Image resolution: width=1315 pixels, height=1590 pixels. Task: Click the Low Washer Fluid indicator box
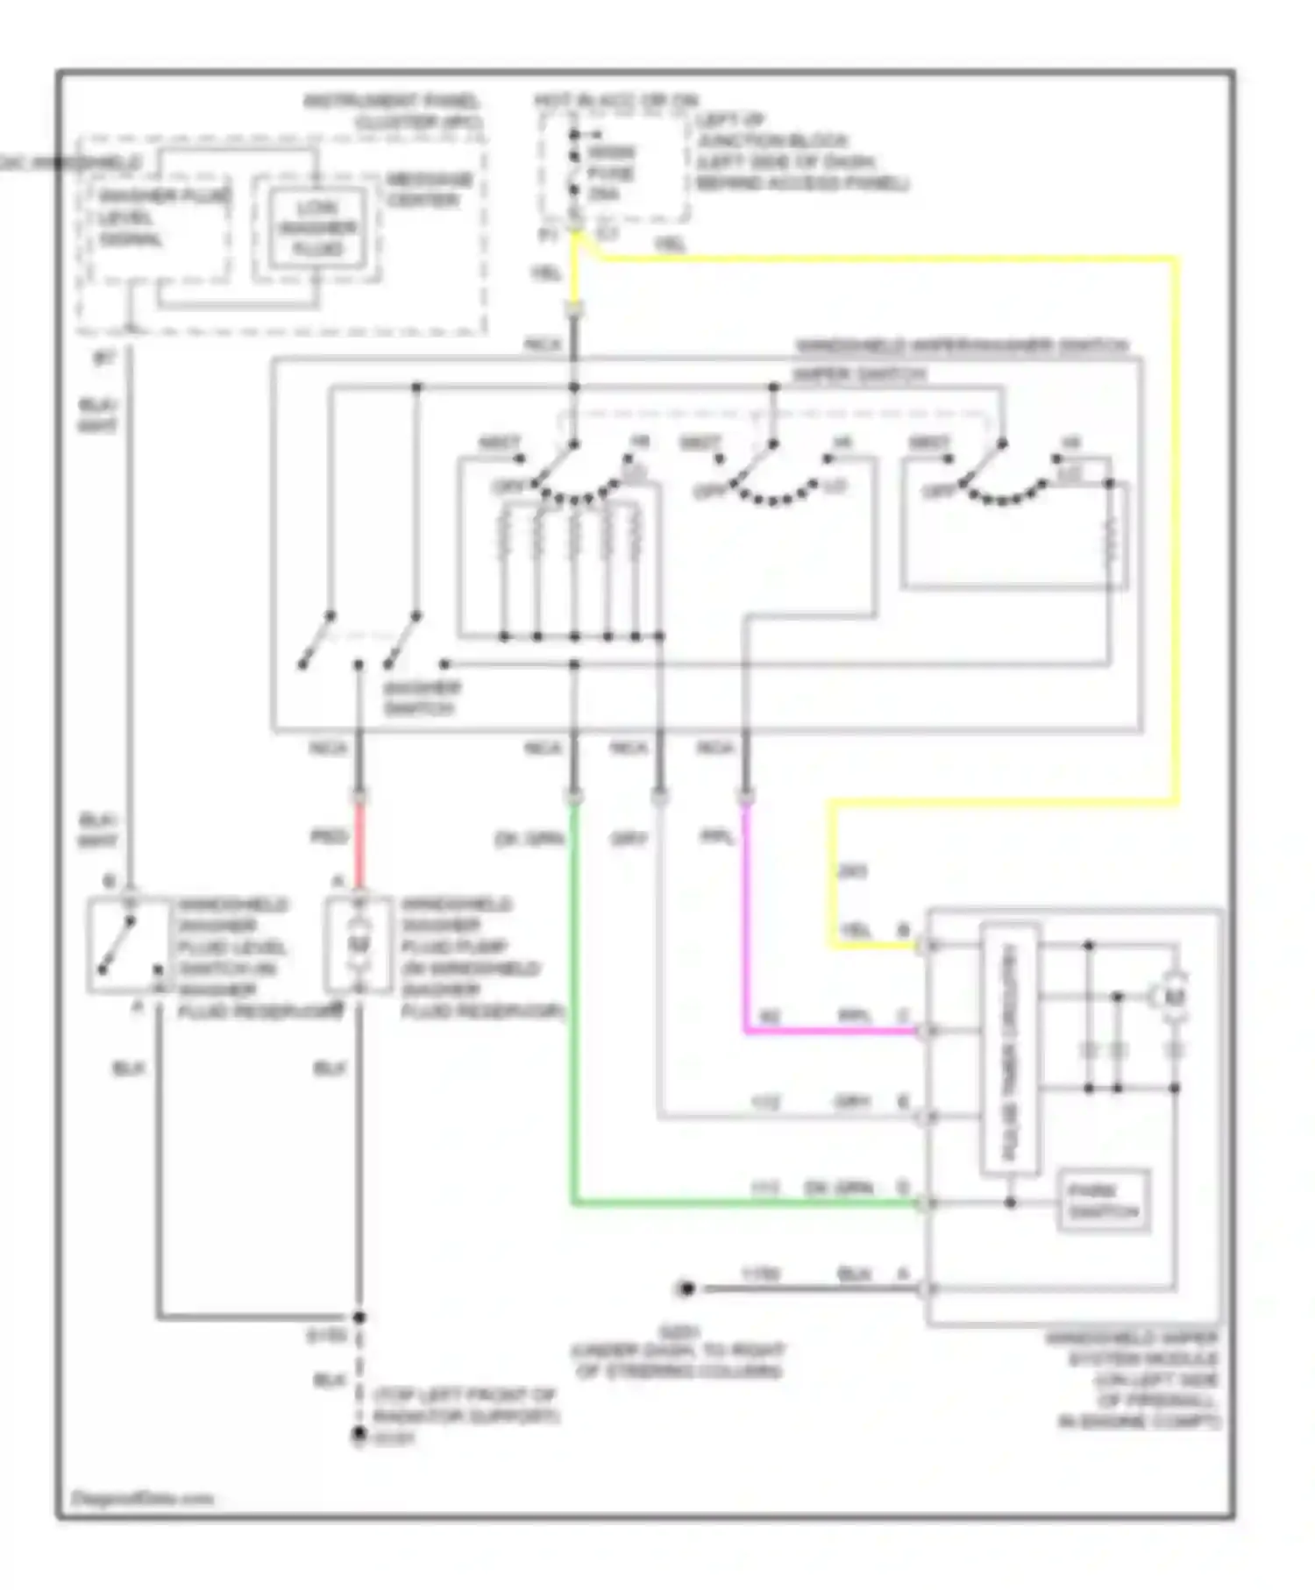pyautogui.click(x=317, y=229)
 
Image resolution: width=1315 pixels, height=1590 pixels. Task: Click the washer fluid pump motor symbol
pyautogui.click(x=358, y=945)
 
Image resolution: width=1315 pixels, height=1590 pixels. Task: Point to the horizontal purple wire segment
pyautogui.click(x=833, y=1031)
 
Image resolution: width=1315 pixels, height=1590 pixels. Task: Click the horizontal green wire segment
pyautogui.click(x=745, y=1203)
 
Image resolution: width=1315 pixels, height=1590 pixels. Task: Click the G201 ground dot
pyautogui.click(x=686, y=1288)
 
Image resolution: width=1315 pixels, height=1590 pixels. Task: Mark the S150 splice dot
pyautogui.click(x=359, y=1317)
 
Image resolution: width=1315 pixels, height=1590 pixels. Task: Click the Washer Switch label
pyautogui.click(x=420, y=699)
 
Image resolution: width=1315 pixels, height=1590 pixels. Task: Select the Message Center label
pyautogui.click(x=429, y=190)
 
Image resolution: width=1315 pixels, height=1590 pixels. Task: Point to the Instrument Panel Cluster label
pyautogui.click(x=394, y=111)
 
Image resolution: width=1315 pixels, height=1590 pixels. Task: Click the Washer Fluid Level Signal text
pyautogui.click(x=161, y=216)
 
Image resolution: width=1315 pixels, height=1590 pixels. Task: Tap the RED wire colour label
pyautogui.click(x=329, y=837)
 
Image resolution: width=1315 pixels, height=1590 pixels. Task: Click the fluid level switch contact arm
pyautogui.click(x=117, y=945)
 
